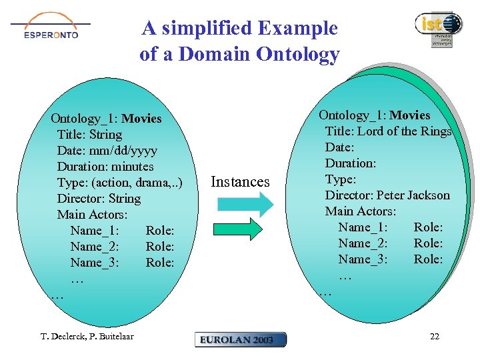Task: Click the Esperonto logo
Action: click(51, 27)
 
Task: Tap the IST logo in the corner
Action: click(438, 28)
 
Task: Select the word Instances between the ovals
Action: click(240, 182)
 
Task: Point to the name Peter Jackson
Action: click(413, 195)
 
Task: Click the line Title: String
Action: click(89, 135)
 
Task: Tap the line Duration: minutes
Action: click(105, 167)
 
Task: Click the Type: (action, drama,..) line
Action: click(119, 183)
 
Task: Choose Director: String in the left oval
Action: click(99, 199)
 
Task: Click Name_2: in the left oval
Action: click(95, 247)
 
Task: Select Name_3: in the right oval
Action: click(363, 259)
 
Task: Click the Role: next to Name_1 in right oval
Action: click(428, 227)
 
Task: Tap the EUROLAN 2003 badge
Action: click(241, 339)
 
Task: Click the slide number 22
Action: click(434, 337)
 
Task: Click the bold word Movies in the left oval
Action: click(141, 119)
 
